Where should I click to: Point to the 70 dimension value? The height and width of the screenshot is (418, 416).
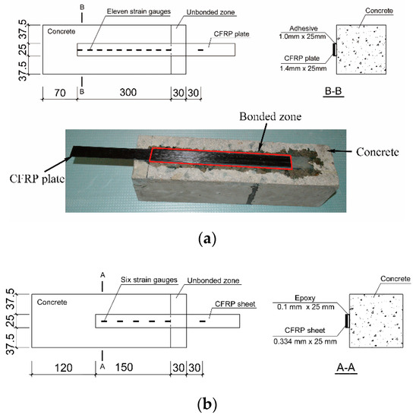(x=55, y=93)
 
